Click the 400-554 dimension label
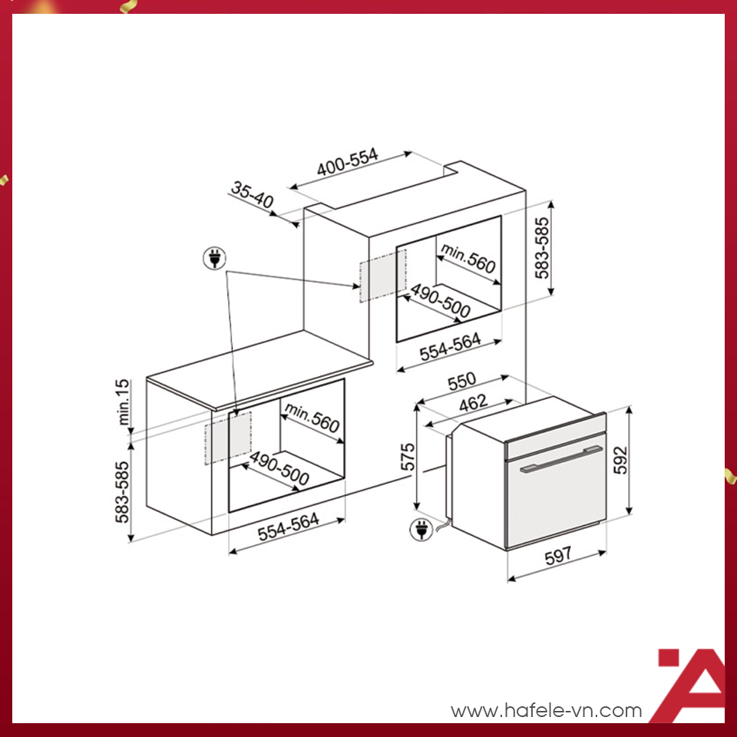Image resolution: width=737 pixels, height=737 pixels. [x=348, y=164]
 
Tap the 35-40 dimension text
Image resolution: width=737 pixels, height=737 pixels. [x=252, y=195]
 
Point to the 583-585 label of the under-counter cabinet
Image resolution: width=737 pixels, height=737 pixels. [x=122, y=493]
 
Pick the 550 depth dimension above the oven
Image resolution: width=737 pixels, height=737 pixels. [x=462, y=382]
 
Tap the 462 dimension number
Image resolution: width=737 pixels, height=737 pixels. [x=473, y=402]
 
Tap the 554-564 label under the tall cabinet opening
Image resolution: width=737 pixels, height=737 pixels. [x=450, y=347]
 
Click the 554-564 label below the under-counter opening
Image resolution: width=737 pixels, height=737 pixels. [x=288, y=528]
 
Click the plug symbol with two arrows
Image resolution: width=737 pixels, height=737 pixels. [x=215, y=259]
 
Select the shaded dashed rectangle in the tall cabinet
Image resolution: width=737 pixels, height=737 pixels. [x=380, y=279]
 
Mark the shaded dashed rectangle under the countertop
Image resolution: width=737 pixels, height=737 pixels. [x=227, y=438]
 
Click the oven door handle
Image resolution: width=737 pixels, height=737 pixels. [x=558, y=462]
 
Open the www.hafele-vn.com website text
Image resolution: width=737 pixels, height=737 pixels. [x=546, y=711]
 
